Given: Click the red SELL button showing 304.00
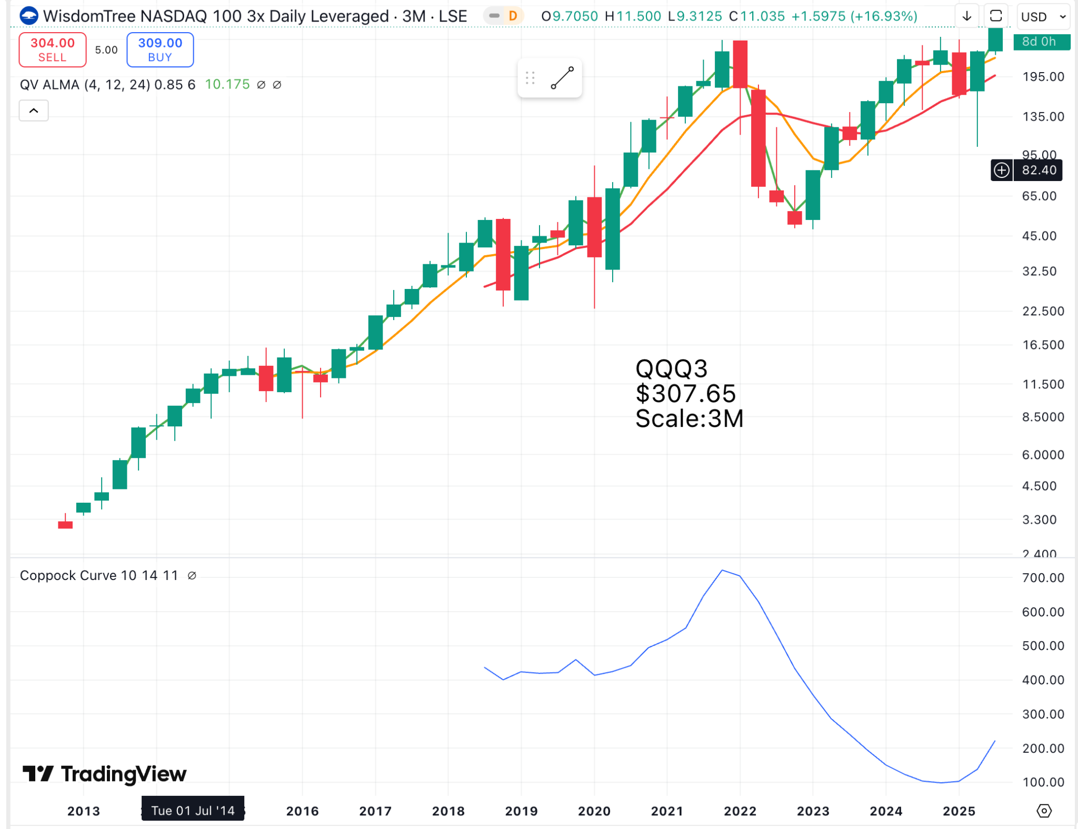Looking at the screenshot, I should [52, 49].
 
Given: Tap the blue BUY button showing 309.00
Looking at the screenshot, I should [160, 49].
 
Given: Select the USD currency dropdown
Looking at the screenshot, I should [1043, 17].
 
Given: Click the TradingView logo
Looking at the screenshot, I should [104, 774].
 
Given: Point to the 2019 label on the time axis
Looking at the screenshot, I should [521, 811].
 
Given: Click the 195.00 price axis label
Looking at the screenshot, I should [1043, 77].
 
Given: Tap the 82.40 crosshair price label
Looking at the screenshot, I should [1039, 170].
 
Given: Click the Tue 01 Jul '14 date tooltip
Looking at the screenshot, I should [193, 810].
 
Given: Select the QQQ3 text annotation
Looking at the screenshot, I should [671, 368].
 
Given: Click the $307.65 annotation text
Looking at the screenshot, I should [685, 394].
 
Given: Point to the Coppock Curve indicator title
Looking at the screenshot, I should [99, 575].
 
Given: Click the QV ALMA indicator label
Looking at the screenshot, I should [107, 85].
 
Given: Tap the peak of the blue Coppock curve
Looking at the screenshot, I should [722, 571].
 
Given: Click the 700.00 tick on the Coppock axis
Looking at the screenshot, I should [1043, 577].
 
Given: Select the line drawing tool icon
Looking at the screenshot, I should [562, 78].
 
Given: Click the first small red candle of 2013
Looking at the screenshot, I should [65, 524].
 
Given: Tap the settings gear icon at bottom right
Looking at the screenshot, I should [1044, 811].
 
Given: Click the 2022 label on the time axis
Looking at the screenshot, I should [740, 811].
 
